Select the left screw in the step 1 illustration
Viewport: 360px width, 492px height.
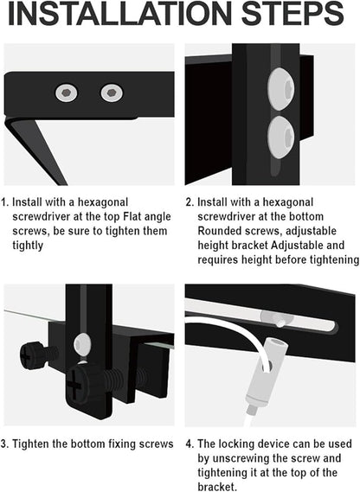coord(65,93)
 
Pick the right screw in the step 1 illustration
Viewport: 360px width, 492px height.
coord(111,93)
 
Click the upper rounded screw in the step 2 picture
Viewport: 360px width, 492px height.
coord(280,87)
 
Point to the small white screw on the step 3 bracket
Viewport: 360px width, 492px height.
coord(82,343)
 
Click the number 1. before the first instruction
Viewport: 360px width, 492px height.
coord(5,201)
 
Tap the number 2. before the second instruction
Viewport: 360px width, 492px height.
coord(190,201)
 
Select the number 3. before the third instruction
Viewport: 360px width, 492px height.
coord(5,444)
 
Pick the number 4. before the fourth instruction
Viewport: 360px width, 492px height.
coord(190,444)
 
